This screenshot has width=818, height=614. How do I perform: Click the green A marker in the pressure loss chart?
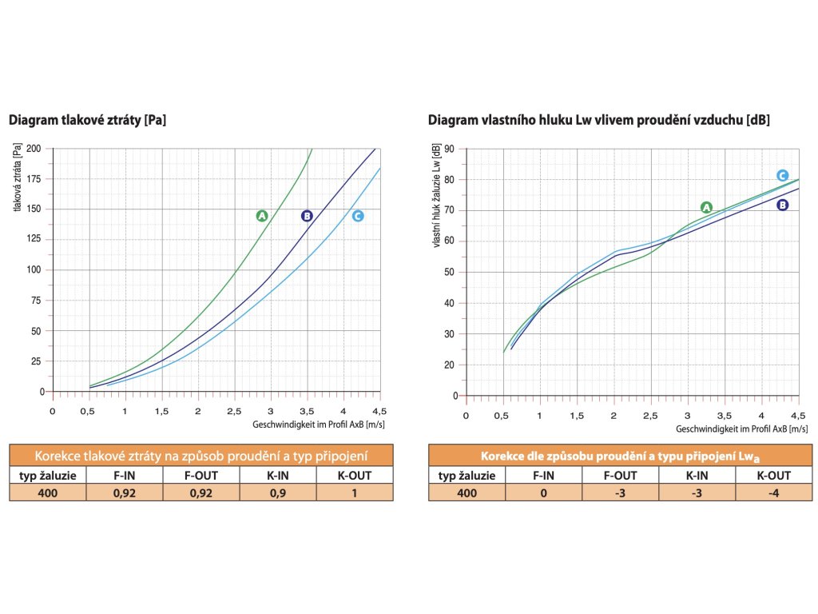click(x=262, y=216)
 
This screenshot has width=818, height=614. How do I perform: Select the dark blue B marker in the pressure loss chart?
click(x=307, y=216)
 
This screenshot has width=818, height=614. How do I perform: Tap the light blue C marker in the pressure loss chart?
click(x=357, y=216)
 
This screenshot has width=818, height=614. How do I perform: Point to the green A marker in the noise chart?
click(x=706, y=207)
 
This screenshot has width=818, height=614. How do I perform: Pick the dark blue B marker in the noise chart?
click(x=783, y=205)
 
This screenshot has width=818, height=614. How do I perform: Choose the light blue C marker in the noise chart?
click(x=783, y=176)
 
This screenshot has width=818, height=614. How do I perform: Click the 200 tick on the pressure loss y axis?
click(x=34, y=149)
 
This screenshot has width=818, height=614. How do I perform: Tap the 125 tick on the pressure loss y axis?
click(x=34, y=240)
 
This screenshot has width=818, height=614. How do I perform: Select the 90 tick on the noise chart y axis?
click(x=450, y=149)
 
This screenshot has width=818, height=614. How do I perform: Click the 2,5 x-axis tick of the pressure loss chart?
click(x=234, y=411)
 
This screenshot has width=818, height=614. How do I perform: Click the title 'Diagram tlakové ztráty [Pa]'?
click(x=88, y=121)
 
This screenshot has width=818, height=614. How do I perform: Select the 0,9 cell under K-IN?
click(x=277, y=493)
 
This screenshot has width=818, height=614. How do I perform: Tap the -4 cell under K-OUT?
click(x=773, y=493)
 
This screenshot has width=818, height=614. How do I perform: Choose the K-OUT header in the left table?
click(x=354, y=476)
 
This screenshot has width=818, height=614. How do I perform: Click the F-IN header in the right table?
click(x=543, y=476)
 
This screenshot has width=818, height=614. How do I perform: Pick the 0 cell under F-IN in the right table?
click(x=543, y=493)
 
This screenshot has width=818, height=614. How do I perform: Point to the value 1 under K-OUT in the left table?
click(x=354, y=493)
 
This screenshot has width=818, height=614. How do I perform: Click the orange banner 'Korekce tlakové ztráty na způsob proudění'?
click(x=201, y=457)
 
